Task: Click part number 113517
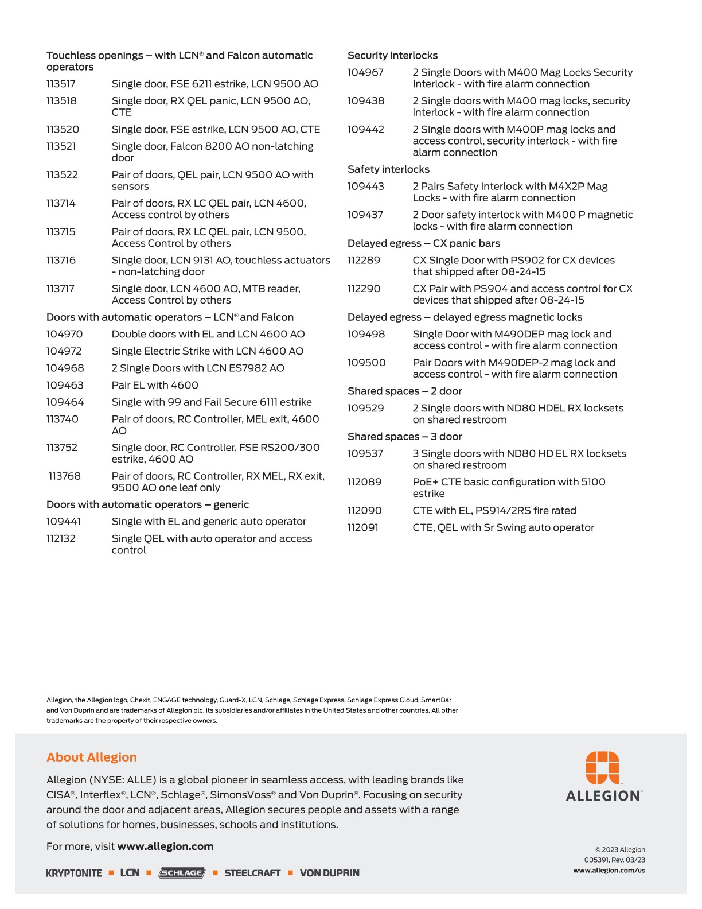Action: pyautogui.click(x=61, y=84)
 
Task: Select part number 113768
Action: pyautogui.click(x=65, y=476)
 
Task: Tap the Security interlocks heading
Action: pyautogui.click(x=392, y=56)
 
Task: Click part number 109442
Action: pyautogui.click(x=366, y=130)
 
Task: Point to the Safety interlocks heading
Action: pyautogui.click(x=388, y=169)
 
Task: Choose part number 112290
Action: pyautogui.click(x=364, y=289)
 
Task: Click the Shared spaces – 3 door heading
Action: pyautogui.click(x=404, y=437)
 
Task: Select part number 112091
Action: pyautogui.click(x=363, y=527)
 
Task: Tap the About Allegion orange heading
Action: pyautogui.click(x=92, y=757)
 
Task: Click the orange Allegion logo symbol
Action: pyautogui.click(x=602, y=768)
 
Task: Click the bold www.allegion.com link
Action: pyautogui.click(x=165, y=846)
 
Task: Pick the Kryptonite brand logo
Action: pyautogui.click(x=74, y=873)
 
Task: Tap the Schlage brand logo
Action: pyautogui.click(x=182, y=873)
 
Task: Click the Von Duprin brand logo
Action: pyautogui.click(x=330, y=873)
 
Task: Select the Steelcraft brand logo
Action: pyautogui.click(x=252, y=873)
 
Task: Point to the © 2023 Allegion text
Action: pyautogui.click(x=620, y=850)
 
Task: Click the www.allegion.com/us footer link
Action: pyautogui.click(x=609, y=871)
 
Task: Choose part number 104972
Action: pyautogui.click(x=64, y=351)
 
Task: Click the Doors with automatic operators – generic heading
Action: pyautogui.click(x=147, y=505)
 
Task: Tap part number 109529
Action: pyautogui.click(x=366, y=409)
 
